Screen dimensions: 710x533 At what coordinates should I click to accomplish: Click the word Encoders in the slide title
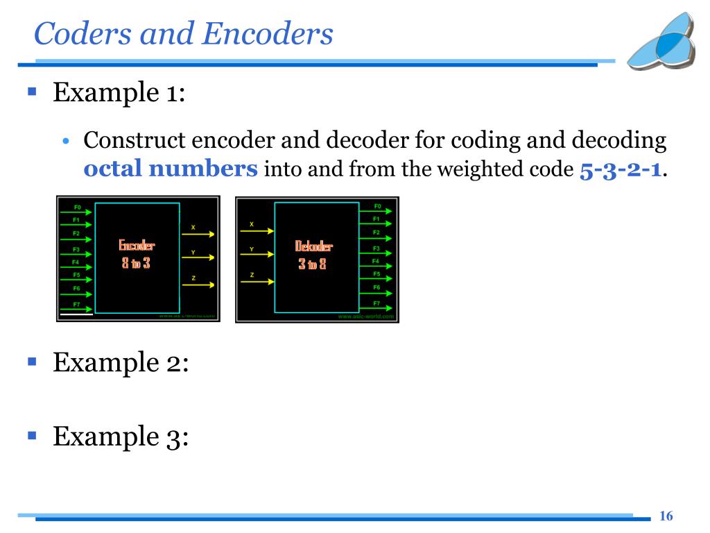pyautogui.click(x=268, y=34)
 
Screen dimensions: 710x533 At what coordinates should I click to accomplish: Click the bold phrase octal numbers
pyautogui.click(x=171, y=169)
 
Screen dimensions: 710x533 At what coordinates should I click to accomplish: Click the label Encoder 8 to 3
pyautogui.click(x=136, y=254)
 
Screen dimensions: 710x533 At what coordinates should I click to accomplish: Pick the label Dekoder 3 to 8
pyautogui.click(x=313, y=254)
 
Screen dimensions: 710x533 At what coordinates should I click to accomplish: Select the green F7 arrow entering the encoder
pyautogui.click(x=77, y=310)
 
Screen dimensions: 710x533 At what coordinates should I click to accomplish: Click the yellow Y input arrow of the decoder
pyautogui.click(x=257, y=256)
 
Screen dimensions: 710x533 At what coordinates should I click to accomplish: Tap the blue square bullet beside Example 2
pyautogui.click(x=31, y=362)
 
